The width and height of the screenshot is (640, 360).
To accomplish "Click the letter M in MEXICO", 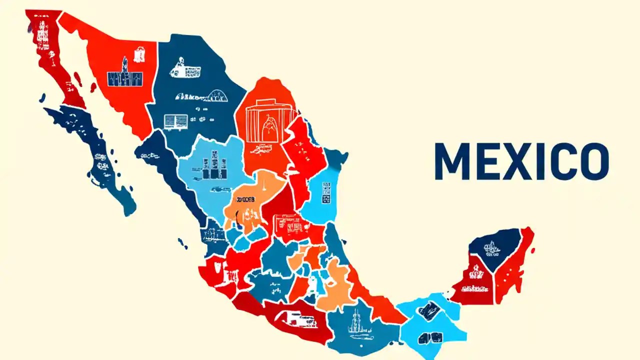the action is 452,161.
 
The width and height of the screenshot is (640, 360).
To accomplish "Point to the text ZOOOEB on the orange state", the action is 245,200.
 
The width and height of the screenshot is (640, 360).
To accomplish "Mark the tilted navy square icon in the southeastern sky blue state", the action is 428,310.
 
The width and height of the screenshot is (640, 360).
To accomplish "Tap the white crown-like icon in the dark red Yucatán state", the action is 475,273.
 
